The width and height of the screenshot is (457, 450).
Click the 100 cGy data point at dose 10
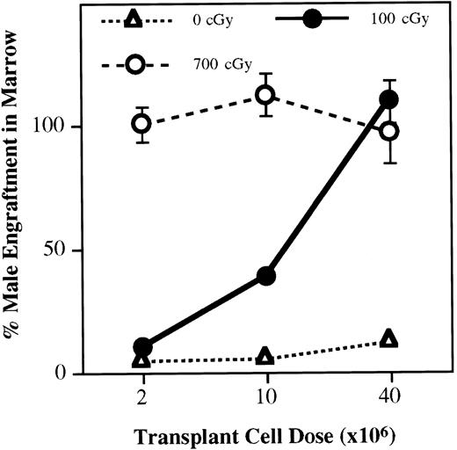coord(266,276)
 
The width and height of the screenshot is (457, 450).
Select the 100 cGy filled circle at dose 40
coord(389,99)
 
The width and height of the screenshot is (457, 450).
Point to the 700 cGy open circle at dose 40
coord(388,131)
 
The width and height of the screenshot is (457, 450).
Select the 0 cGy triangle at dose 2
coord(143,359)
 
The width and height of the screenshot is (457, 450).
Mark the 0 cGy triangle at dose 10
coord(265,356)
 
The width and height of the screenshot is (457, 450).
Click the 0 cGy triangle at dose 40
coord(389,339)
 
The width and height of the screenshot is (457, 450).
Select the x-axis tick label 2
coord(143,396)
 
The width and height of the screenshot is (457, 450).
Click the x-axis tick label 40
coord(388,396)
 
